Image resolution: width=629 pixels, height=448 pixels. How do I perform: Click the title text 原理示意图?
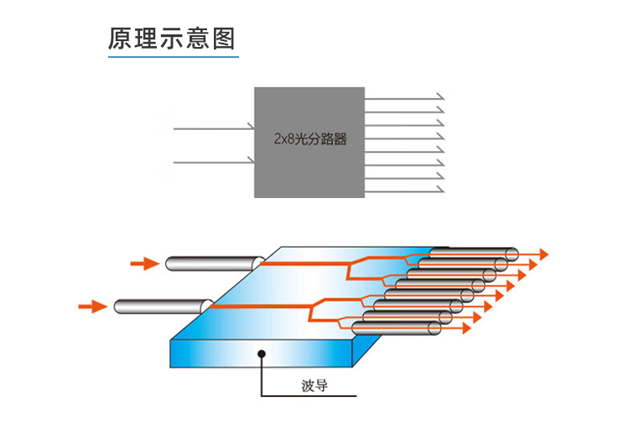(172, 39)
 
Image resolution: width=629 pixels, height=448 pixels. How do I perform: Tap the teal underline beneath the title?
(173, 57)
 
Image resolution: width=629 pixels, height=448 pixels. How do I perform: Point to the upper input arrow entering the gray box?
(214, 128)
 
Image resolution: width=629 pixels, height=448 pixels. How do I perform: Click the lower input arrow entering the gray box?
(214, 160)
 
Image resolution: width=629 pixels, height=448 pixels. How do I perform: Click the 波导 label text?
(314, 387)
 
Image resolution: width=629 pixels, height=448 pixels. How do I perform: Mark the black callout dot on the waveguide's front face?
(263, 354)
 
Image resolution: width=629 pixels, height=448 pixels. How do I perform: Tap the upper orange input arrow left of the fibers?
(144, 264)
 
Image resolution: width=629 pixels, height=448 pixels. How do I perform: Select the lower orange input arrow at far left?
(92, 307)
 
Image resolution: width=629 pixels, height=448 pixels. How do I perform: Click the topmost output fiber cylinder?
(474, 253)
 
